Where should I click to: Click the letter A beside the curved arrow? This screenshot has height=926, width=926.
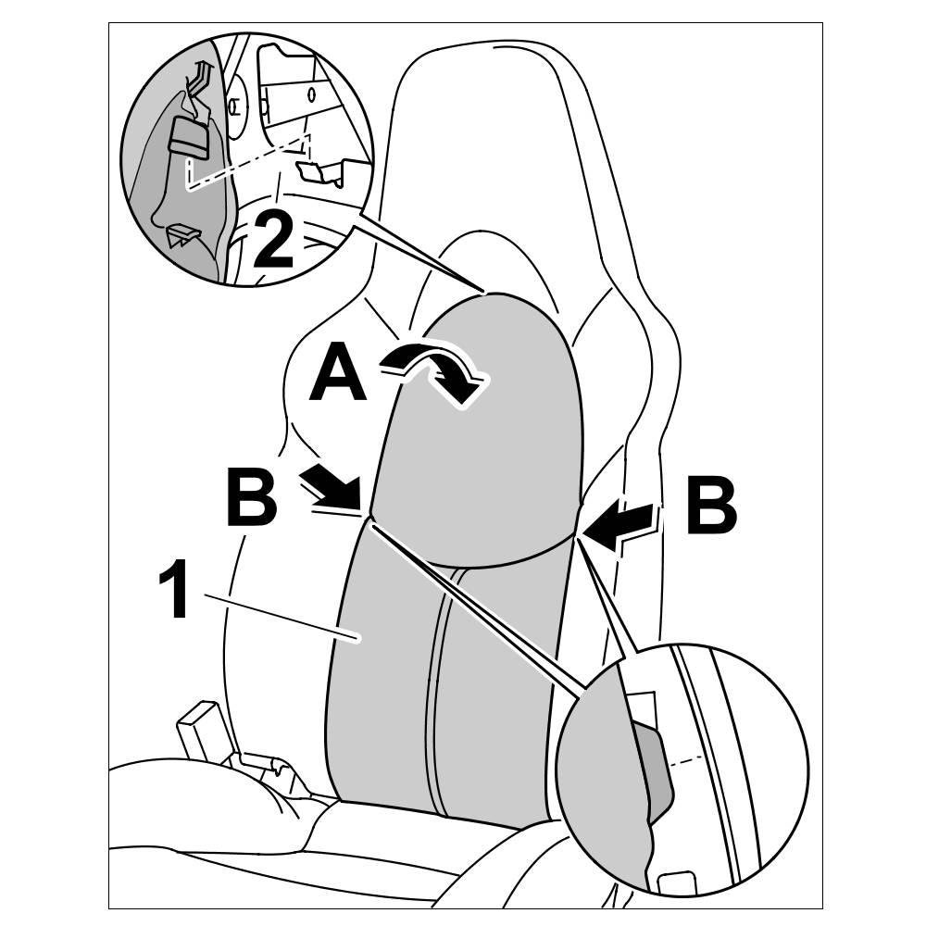(337, 372)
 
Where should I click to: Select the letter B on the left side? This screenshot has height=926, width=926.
(251, 498)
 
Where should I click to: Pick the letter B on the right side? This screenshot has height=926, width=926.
(710, 506)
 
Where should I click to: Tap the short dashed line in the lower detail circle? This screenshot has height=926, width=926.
(693, 760)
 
